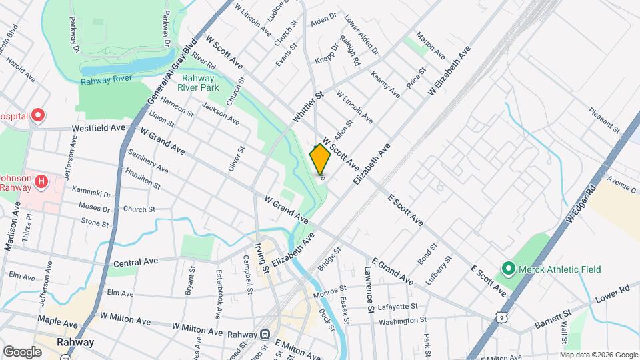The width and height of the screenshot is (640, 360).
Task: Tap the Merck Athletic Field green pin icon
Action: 508,269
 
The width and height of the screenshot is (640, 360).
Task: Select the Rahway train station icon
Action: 265,333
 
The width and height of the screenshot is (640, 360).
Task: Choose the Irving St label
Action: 261,258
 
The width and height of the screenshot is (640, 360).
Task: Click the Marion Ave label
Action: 430,43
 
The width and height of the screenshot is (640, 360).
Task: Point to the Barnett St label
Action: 553,319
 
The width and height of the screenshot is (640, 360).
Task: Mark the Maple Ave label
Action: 54,320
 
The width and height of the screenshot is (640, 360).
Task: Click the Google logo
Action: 22,351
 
